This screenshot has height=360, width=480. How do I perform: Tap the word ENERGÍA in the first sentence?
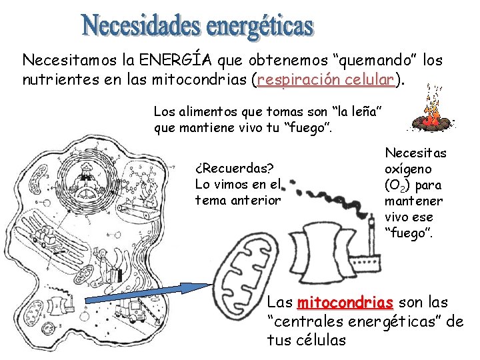[177, 60]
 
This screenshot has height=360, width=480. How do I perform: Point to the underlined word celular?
[372, 81]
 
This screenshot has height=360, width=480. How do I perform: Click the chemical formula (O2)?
[401, 185]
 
